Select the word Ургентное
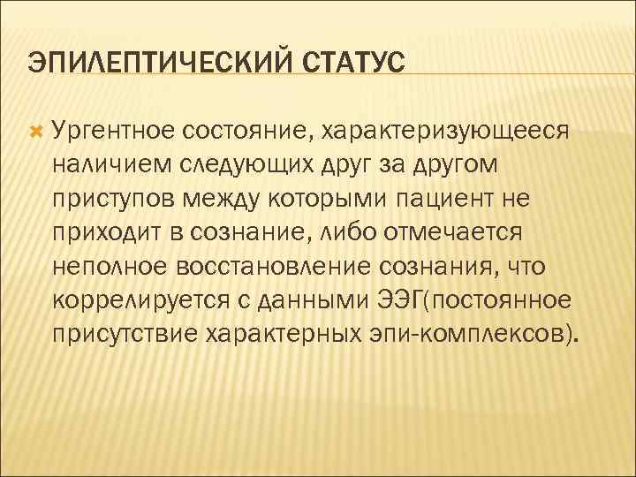pyautogui.click(x=116, y=131)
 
